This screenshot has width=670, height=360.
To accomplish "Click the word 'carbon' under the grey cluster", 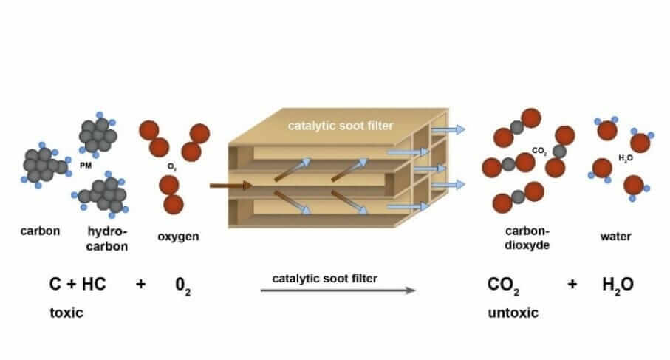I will point(35,231).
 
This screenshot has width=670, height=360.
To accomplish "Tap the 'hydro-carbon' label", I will point(106,238).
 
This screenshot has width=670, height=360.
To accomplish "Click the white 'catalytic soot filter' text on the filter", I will point(341,126).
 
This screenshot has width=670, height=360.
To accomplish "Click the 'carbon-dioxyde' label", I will point(527,238).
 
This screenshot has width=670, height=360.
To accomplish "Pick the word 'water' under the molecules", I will point(616,237).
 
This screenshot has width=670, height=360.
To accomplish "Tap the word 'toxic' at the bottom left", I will point(66,313).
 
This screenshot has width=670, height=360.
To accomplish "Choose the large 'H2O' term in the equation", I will point(618,285).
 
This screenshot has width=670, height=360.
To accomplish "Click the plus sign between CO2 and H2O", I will point(572,285).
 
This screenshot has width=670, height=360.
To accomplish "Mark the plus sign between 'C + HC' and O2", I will point(140,285).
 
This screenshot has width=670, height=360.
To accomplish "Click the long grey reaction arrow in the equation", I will point(338,291).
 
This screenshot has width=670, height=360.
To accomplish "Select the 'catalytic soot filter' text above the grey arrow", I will point(324,278).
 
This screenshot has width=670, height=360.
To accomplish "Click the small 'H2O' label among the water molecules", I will point(625,158).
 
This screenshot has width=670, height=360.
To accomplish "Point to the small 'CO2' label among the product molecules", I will point(539,152).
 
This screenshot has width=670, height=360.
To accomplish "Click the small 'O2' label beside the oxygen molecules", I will point(171,168).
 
